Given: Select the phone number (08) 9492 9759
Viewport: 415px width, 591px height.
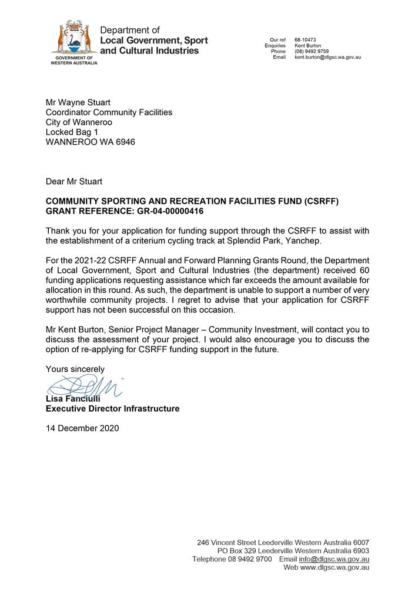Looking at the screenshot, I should [312, 51].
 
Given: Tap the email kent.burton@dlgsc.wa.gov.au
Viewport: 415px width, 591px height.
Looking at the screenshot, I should [327, 57].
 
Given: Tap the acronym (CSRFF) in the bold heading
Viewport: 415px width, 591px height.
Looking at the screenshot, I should [322, 201].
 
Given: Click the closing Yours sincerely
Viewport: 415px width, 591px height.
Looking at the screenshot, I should [75, 369].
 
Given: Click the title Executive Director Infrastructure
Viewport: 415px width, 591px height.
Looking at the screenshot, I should [112, 408].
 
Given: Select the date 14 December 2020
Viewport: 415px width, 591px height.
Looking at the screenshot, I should [82, 428].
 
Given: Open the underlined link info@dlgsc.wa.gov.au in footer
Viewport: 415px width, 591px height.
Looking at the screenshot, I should [334, 559].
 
